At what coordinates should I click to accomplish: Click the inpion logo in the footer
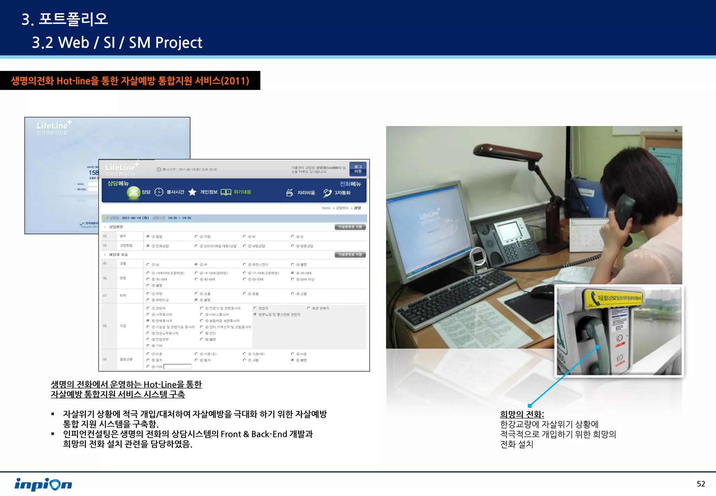pos(43,484)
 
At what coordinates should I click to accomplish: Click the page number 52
pos(701,484)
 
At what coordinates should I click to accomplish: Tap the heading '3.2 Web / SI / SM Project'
pos(117,43)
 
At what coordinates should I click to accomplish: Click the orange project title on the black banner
pos(130,81)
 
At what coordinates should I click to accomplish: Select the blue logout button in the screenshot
pos(358,169)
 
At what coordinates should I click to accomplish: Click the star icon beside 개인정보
pos(192,192)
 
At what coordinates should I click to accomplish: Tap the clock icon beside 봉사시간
pos(159,192)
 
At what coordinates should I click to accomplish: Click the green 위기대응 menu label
pos(242,192)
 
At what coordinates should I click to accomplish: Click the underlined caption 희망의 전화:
pos(522,414)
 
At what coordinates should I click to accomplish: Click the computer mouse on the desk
pos(544,290)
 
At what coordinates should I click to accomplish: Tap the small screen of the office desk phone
pos(507,231)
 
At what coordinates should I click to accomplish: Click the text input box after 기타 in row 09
pos(178,367)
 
